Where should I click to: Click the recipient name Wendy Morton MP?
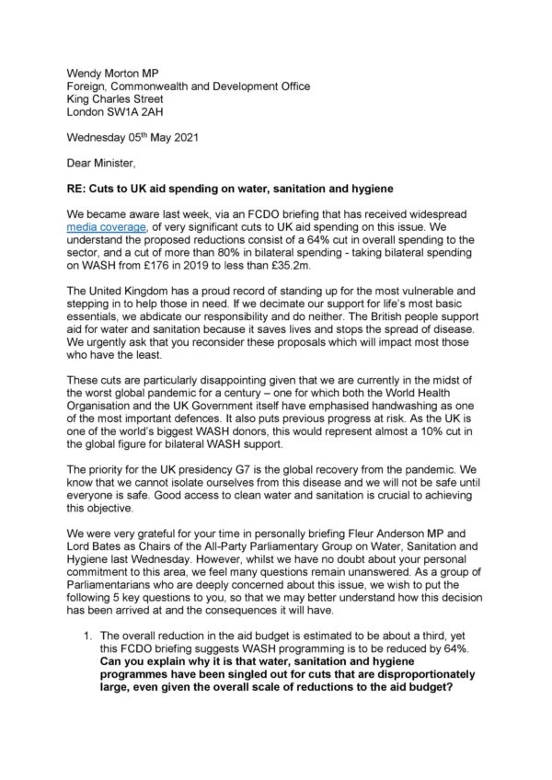pyautogui.click(x=108, y=70)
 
